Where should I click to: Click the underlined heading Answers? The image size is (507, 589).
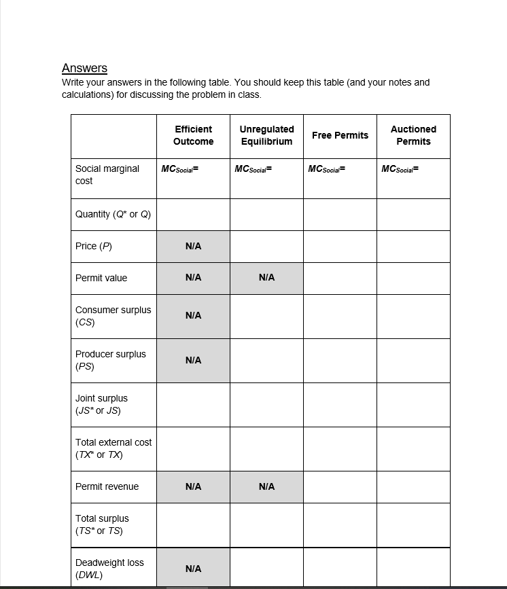pos(84,68)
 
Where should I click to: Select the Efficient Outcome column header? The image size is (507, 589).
pos(193,135)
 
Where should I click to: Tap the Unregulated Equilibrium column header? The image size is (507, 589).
pos(266,135)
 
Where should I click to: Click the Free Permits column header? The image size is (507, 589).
pos(340,135)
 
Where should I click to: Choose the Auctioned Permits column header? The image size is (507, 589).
pos(413,135)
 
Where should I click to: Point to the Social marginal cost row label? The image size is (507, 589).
pos(107,175)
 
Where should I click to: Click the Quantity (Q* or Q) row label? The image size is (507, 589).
pos(113,214)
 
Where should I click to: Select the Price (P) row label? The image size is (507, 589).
pos(94,246)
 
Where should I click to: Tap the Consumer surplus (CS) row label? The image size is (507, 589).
pos(113,316)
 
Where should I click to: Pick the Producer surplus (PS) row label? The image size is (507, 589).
pos(110,360)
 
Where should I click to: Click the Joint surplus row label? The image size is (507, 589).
pos(101,404)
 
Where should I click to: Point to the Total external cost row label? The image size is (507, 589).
pos(113,448)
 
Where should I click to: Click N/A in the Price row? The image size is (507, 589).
pos(193,246)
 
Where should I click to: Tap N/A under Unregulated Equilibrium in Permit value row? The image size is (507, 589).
pos(266,278)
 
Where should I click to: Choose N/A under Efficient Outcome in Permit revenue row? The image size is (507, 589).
pos(193,486)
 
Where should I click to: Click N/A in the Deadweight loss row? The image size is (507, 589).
pos(193,569)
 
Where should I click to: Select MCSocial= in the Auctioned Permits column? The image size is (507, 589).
pos(400,169)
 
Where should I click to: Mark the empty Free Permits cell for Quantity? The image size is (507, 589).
pos(340,214)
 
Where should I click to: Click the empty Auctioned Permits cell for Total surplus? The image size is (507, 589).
pos(413,524)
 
